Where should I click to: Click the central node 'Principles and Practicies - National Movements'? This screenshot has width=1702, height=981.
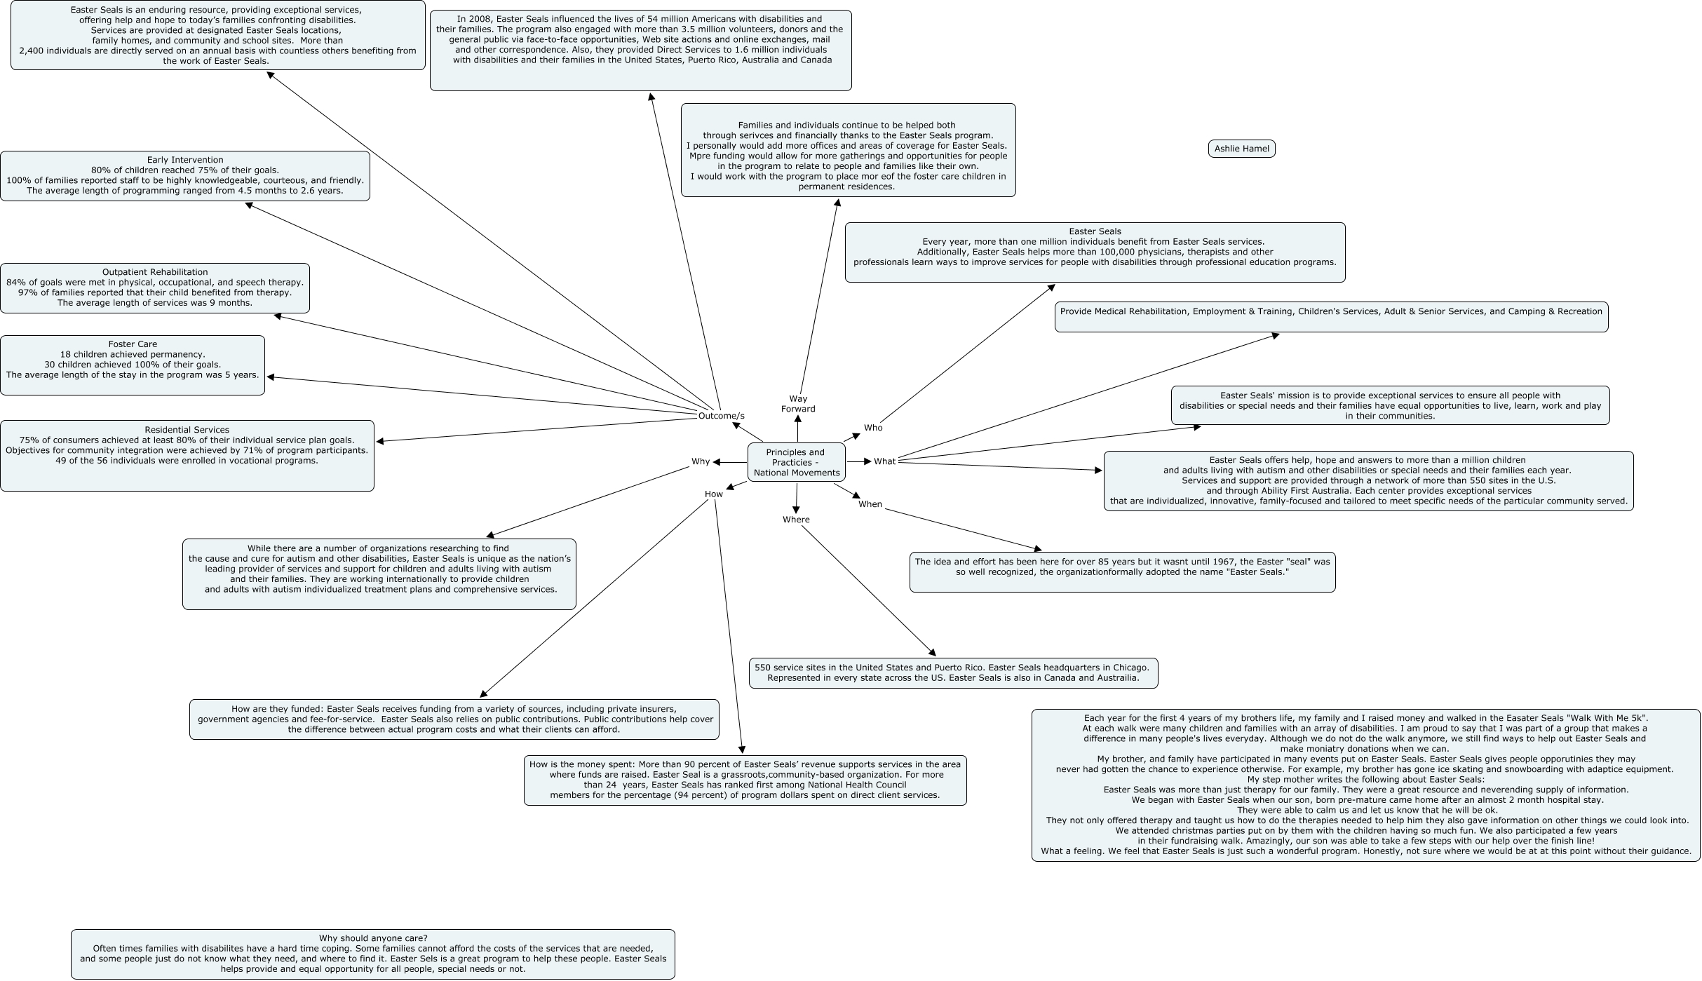point(797,462)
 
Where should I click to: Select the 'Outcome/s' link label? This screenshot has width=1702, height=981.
point(721,416)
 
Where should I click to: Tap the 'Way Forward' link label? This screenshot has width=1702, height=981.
point(798,404)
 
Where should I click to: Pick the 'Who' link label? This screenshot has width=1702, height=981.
point(873,428)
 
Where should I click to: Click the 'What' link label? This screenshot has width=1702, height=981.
point(884,461)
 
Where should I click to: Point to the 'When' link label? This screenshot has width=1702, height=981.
point(870,504)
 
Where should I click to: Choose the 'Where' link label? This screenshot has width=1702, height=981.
point(796,520)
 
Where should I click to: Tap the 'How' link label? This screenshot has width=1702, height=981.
point(713,494)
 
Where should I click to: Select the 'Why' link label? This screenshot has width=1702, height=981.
point(701,461)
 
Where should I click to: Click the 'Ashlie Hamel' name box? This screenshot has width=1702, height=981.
point(1241,149)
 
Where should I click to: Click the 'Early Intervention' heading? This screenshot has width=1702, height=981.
point(185,160)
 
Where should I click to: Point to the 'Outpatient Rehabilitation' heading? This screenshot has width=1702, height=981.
point(155,272)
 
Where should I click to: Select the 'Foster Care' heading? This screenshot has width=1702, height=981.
point(133,344)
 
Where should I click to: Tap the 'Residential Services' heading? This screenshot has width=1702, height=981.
point(187,430)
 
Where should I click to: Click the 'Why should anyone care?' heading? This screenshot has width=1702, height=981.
point(373,938)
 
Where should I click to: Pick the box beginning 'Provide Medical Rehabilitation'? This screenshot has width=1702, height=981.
point(1331,317)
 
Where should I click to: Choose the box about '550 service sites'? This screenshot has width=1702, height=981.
point(953,673)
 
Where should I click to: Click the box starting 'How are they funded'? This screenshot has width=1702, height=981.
point(454,719)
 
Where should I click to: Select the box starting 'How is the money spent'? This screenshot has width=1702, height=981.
point(745,780)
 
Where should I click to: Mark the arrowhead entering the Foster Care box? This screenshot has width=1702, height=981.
point(271,377)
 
